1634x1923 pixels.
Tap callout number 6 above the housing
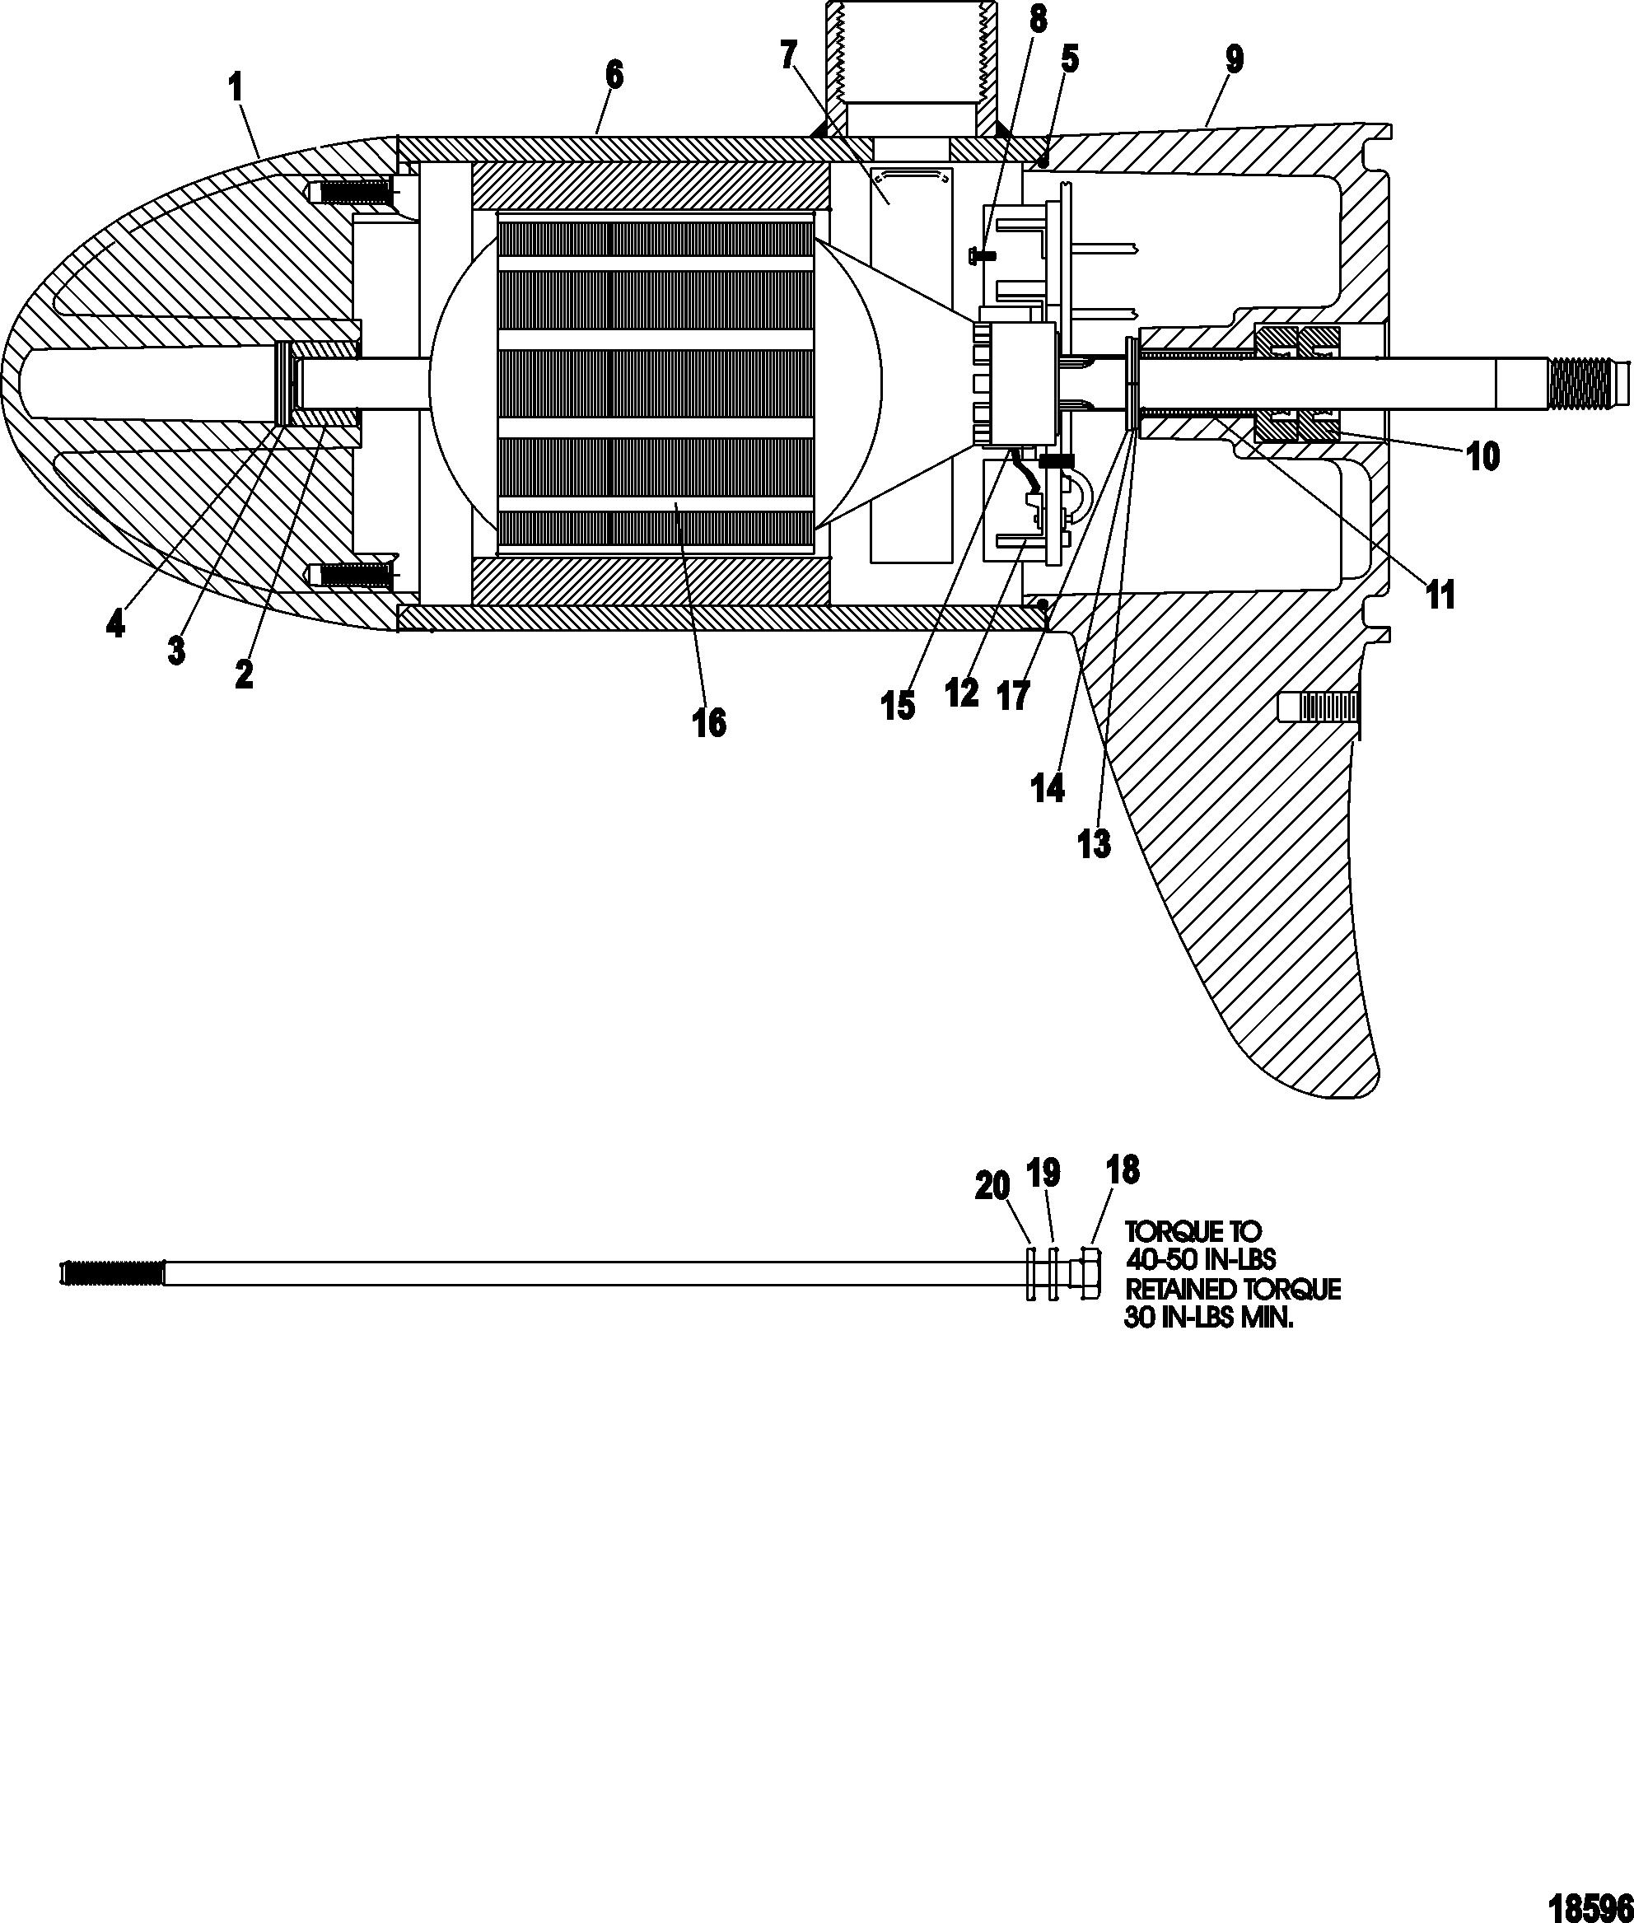tap(614, 76)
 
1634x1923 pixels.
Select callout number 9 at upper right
tap(1234, 60)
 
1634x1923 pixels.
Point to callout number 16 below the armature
tap(710, 722)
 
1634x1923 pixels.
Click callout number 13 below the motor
tap(1094, 844)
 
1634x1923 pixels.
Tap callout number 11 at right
tap(1440, 595)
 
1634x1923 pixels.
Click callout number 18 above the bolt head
tap(1123, 1170)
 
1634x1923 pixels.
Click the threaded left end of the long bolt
tap(111, 1275)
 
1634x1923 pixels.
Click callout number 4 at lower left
tap(114, 626)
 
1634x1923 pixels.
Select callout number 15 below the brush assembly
tap(898, 707)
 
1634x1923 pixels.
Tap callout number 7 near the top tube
tap(787, 58)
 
